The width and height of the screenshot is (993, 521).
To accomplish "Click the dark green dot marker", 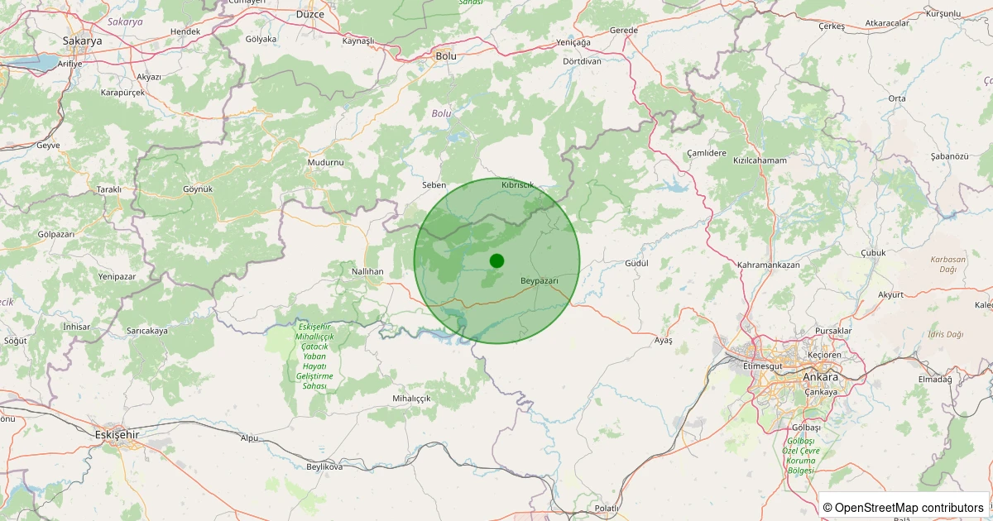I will click(x=496, y=260).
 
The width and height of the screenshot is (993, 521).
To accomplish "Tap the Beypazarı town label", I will click(x=540, y=281).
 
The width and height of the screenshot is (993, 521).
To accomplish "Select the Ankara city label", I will click(x=820, y=377).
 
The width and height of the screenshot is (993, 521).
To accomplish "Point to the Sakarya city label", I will click(x=82, y=40).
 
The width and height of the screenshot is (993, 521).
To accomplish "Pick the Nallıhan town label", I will click(x=367, y=271).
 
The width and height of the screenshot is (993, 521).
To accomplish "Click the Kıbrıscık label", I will click(x=518, y=185).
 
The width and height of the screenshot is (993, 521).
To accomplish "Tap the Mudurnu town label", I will click(x=325, y=163).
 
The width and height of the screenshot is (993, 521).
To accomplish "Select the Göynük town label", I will click(x=198, y=189).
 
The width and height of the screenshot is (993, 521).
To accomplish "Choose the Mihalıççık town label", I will click(x=411, y=399).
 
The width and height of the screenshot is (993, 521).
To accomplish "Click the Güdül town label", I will click(x=635, y=263).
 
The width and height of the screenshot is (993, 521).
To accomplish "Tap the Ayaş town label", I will click(x=664, y=340).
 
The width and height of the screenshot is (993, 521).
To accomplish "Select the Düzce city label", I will click(x=310, y=15).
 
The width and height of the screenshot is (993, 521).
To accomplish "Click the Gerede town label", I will click(x=623, y=31).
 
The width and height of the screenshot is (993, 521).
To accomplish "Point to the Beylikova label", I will click(x=324, y=467).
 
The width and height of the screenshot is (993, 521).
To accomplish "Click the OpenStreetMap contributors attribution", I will click(x=903, y=507).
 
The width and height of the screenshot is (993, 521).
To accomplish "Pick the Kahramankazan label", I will click(x=769, y=265).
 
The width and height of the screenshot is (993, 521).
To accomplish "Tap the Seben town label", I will click(x=434, y=185).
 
